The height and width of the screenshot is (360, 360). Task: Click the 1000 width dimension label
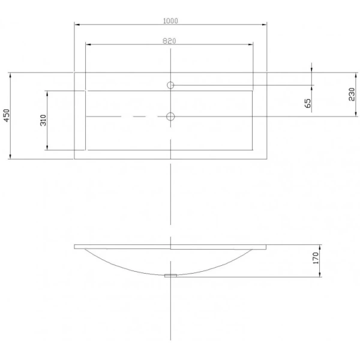(x=170, y=21)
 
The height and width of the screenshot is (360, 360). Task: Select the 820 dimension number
(x=169, y=41)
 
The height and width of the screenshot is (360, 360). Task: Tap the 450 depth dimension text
(x=7, y=115)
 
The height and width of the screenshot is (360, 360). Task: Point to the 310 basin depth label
(x=43, y=120)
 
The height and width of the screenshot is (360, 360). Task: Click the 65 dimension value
(x=308, y=103)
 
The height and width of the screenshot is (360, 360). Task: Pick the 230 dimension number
(x=352, y=94)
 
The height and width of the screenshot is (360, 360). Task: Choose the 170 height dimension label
(x=316, y=258)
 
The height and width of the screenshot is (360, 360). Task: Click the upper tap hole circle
(x=170, y=85)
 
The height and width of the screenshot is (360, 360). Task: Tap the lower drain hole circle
(x=170, y=116)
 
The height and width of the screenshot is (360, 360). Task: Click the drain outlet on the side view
(x=170, y=276)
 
